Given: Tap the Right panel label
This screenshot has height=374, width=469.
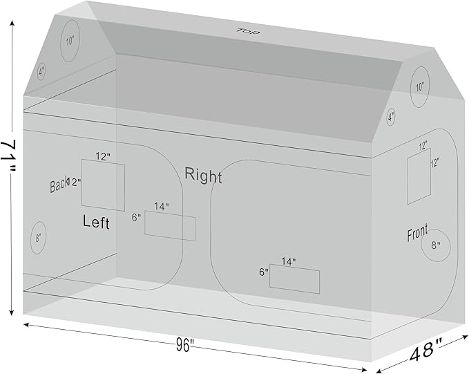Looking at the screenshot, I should [203, 176].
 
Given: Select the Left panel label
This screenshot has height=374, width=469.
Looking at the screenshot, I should [96, 222].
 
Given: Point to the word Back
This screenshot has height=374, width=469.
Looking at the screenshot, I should [59, 185].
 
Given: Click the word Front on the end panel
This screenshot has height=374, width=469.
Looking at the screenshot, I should [417, 234].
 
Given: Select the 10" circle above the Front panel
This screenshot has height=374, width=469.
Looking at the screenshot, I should [420, 88].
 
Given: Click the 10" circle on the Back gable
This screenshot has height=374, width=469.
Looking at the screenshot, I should [70, 40].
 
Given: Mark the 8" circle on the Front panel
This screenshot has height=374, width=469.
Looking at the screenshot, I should [436, 245].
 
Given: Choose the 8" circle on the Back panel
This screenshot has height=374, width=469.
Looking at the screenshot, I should [38, 238].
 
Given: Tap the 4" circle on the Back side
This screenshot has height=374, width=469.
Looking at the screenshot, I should [41, 71].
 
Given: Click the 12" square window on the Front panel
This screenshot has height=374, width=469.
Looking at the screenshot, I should [419, 178].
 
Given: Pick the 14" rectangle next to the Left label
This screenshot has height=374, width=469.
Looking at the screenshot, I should [170, 227].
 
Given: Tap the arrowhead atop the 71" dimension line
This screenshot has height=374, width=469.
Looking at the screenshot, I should [12, 23].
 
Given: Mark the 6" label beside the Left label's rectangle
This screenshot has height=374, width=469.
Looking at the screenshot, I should [136, 217].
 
